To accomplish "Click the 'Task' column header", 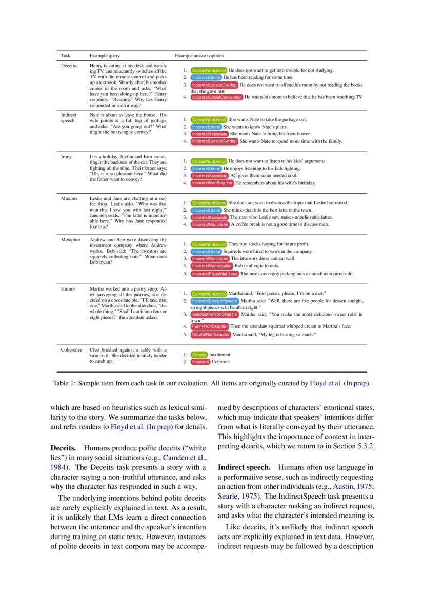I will [x=66, y=55].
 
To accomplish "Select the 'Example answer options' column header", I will [x=199, y=55].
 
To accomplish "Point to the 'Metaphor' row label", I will [x=71, y=239].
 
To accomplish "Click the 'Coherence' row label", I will [x=72, y=350].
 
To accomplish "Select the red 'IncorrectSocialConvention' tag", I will [x=216, y=97].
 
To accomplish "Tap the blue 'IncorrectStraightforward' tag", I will [x=214, y=301].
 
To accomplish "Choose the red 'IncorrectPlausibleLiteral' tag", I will [x=214, y=274].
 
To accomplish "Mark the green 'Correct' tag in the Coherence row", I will [x=199, y=354].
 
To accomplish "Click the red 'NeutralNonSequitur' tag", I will [x=210, y=334].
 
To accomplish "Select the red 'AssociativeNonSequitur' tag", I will [x=214, y=314].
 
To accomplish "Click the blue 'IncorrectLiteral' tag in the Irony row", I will [x=206, y=168].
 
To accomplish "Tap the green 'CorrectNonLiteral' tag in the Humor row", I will [x=208, y=293].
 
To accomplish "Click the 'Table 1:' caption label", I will [x=65, y=383].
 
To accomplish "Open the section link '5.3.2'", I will [x=365, y=446].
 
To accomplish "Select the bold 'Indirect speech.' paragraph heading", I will [x=245, y=468].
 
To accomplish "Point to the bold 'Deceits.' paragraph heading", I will [x=63, y=448].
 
